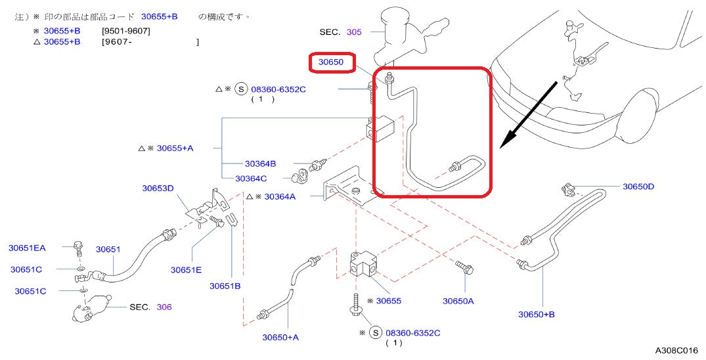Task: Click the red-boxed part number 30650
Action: click(x=332, y=62)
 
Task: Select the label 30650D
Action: click(x=638, y=187)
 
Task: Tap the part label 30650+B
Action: click(x=537, y=314)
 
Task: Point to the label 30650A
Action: click(x=458, y=301)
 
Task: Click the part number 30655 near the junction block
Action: click(x=388, y=301)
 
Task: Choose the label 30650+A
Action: click(x=280, y=337)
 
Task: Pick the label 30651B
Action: click(x=225, y=286)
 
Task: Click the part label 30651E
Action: click(x=186, y=269)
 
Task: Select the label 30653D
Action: click(x=158, y=189)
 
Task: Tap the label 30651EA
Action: click(x=27, y=248)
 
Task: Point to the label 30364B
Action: click(x=260, y=164)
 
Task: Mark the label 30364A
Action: click(x=280, y=196)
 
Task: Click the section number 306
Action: click(x=164, y=307)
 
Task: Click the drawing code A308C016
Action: click(x=677, y=351)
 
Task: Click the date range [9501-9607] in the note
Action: click(x=126, y=30)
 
